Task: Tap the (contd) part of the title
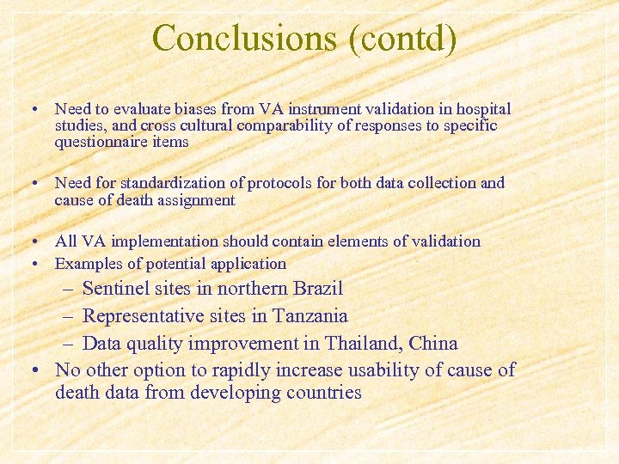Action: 403,39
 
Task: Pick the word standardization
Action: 171,183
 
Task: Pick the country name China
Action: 435,344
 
